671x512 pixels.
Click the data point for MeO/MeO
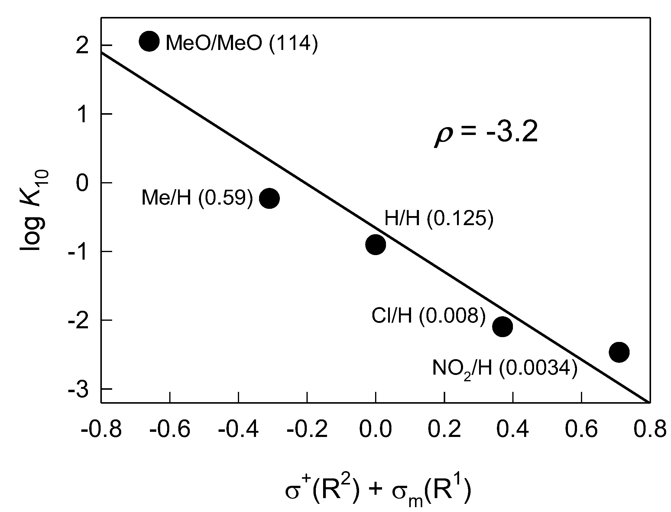(149, 41)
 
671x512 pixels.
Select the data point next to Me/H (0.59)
(269, 199)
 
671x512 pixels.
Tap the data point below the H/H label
(375, 244)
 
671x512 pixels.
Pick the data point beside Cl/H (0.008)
(502, 327)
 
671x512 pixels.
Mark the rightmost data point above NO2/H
(619, 352)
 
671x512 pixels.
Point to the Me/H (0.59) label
(197, 198)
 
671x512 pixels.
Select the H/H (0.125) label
(439, 218)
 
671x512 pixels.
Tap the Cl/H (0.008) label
(428, 316)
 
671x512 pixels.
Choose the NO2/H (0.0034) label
(505, 369)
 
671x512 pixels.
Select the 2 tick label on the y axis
(82, 47)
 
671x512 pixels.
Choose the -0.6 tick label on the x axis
(170, 430)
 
